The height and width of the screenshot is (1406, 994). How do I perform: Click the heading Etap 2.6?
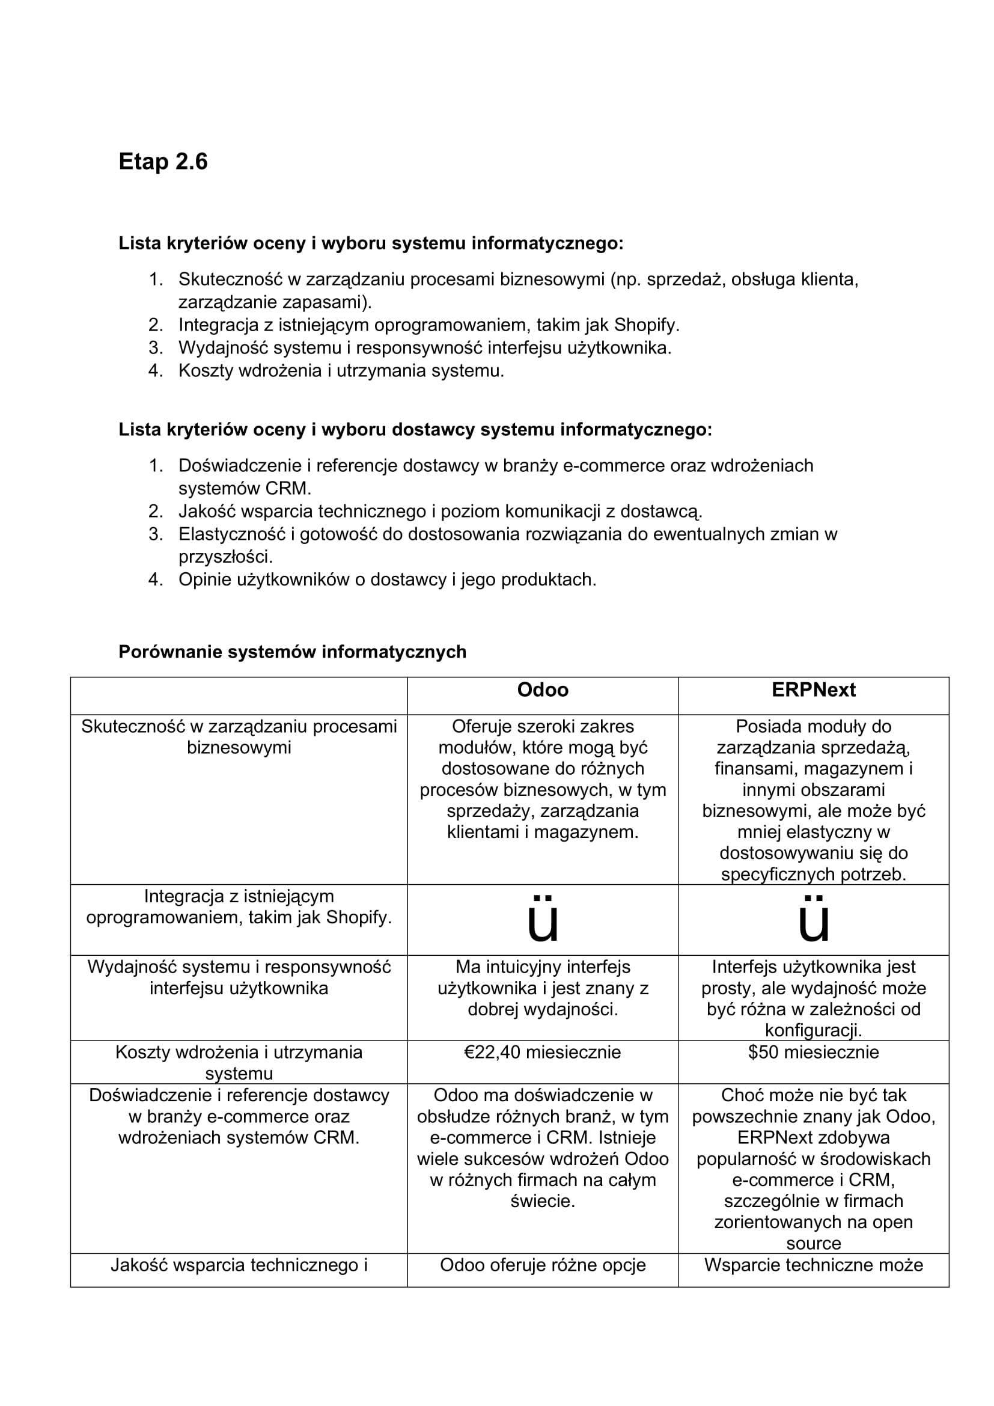(x=163, y=162)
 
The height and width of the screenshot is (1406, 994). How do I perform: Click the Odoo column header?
(x=542, y=689)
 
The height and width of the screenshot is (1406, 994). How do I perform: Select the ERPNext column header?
(x=813, y=689)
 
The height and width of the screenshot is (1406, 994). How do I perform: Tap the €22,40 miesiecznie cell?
(x=542, y=1052)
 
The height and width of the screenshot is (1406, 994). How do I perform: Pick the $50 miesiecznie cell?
(x=813, y=1052)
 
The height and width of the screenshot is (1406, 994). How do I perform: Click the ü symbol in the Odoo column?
(x=542, y=920)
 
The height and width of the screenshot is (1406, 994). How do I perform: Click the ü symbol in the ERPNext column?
(x=813, y=920)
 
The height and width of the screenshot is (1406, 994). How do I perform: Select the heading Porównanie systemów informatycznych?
(x=292, y=652)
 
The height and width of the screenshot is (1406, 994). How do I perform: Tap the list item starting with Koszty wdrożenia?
(x=341, y=370)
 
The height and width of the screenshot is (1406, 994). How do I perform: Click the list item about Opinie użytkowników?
(x=387, y=579)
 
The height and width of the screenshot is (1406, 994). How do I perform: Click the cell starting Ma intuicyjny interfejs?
(x=542, y=988)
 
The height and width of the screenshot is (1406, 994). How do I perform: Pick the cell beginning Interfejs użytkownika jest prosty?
(x=813, y=998)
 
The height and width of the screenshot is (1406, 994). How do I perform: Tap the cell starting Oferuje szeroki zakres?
(x=542, y=779)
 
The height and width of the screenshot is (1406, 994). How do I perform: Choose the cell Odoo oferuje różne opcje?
(x=542, y=1265)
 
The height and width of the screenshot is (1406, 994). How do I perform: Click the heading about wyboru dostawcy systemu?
(x=415, y=430)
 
